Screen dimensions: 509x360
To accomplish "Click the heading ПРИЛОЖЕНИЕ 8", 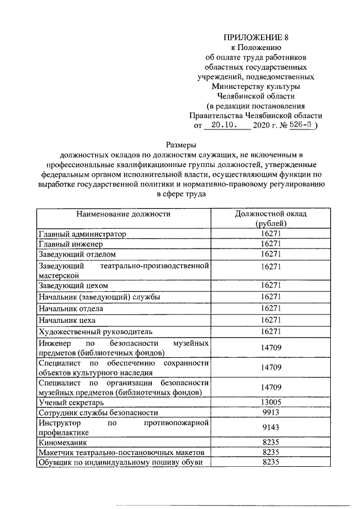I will coord(256,38).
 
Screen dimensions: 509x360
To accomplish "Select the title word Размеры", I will coord(181,145).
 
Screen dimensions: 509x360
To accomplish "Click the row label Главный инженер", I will coord(71,245).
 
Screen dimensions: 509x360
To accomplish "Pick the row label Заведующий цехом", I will coord(73,286).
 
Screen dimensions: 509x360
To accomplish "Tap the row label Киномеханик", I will coord(62,443).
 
